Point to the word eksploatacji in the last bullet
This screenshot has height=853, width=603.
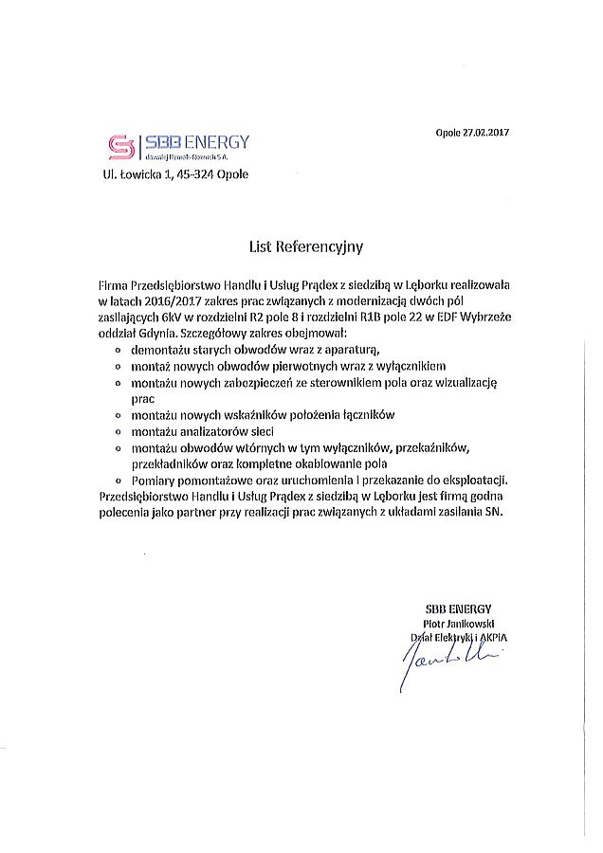[x=476, y=481]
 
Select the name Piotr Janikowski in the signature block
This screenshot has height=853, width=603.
[x=466, y=624]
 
